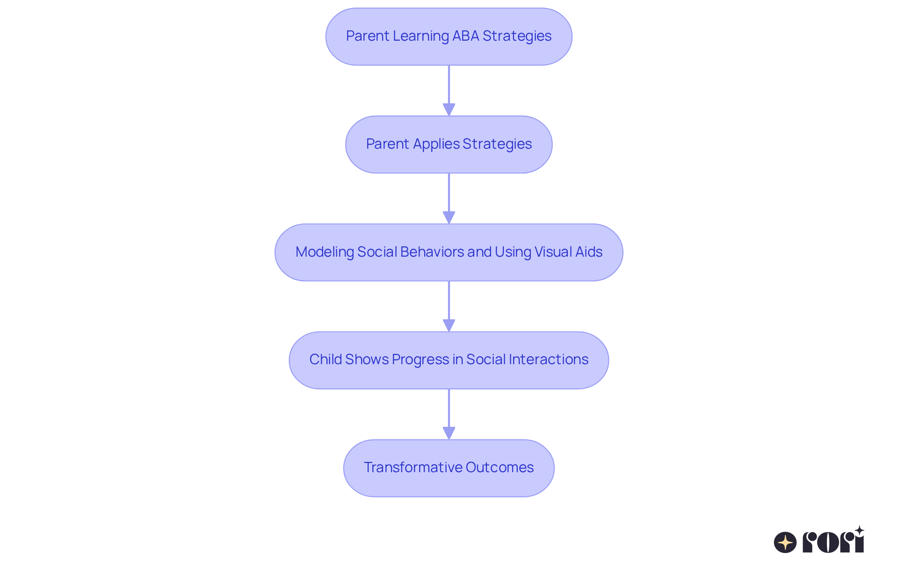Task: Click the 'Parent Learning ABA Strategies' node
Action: pyautogui.click(x=449, y=36)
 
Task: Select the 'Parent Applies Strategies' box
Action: pyautogui.click(x=449, y=144)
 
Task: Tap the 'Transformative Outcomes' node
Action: pyautogui.click(x=449, y=468)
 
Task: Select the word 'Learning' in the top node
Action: pyautogui.click(x=420, y=36)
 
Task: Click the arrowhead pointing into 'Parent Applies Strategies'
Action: pyautogui.click(x=449, y=109)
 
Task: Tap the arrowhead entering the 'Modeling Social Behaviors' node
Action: pyautogui.click(x=449, y=217)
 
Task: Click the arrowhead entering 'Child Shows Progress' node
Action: pyautogui.click(x=449, y=325)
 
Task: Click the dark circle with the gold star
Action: pyautogui.click(x=785, y=542)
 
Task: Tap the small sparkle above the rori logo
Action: pyautogui.click(x=859, y=531)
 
